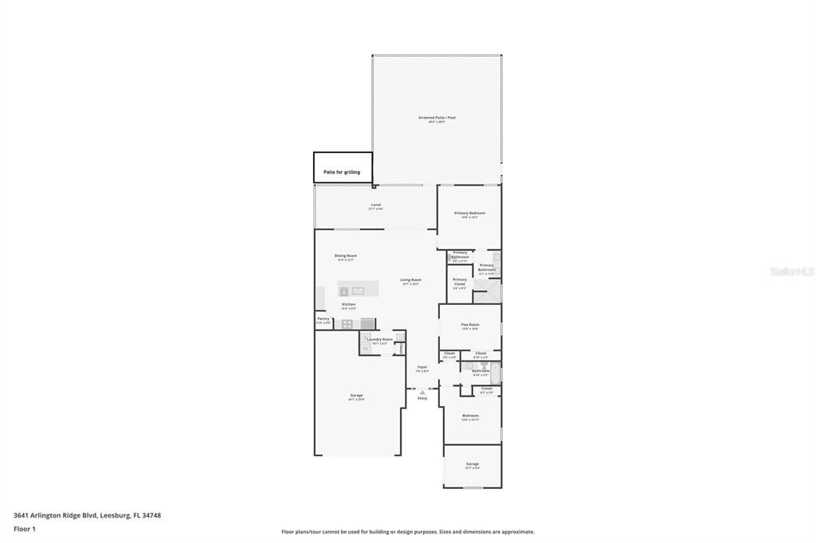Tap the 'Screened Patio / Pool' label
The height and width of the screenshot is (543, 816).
tap(437, 118)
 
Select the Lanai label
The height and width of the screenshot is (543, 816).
tap(375, 205)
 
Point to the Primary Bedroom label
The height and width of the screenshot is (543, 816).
tap(469, 213)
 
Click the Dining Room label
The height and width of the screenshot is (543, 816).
tap(346, 256)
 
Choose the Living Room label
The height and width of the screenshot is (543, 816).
tap(410, 280)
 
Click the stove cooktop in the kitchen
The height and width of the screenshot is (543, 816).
tap(347, 324)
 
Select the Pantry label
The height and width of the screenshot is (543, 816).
tap(323, 319)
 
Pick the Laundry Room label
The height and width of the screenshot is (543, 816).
tap(379, 340)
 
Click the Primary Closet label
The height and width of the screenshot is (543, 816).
tap(460, 281)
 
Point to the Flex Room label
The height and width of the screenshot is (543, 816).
tap(470, 325)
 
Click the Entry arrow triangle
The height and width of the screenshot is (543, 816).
tap(422, 392)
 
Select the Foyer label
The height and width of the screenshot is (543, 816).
tap(422, 368)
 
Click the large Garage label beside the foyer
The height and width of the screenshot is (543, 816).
tap(356, 396)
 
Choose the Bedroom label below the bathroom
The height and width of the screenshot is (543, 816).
tap(471, 416)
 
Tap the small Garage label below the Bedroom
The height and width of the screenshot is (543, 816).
tap(473, 464)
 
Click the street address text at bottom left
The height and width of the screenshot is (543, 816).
tap(87, 515)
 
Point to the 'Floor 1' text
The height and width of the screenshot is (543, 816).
tap(25, 529)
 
